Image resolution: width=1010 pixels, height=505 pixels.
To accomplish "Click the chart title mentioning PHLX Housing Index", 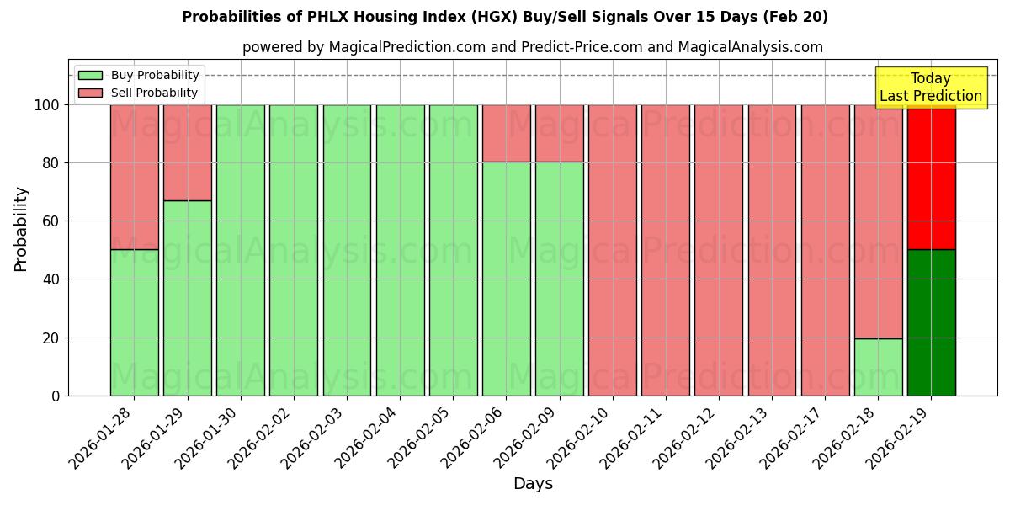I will click(505, 17).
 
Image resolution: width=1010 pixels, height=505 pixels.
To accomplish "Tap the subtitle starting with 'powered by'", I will click(532, 47).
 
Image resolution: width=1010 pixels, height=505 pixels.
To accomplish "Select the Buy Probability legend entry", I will click(155, 75).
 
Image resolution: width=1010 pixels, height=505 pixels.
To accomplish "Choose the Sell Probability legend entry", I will click(154, 93).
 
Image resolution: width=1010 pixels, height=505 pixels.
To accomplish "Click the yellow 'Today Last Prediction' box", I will click(930, 88).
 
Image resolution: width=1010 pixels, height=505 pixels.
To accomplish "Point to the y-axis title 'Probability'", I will click(21, 229).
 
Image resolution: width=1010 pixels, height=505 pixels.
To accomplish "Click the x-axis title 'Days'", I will click(533, 484).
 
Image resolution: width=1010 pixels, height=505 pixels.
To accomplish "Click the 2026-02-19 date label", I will click(901, 438).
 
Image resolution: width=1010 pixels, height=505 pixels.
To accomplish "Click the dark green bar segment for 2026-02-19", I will click(931, 322).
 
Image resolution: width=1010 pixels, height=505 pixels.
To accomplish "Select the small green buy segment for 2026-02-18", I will click(878, 367).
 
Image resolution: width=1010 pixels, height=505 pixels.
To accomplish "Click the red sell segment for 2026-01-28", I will click(135, 177).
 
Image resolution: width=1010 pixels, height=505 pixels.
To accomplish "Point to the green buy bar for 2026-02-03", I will click(347, 250).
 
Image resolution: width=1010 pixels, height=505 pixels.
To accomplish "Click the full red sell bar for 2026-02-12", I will click(719, 250).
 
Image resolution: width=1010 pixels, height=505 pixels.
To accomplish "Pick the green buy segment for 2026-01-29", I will click(187, 298).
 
